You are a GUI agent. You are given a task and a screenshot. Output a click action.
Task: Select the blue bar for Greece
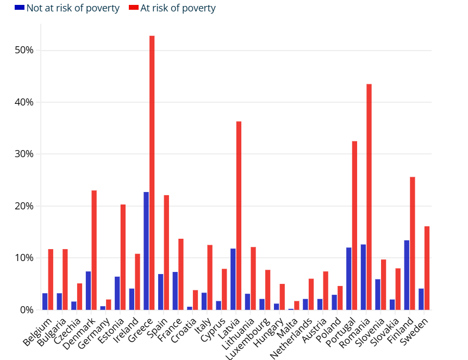146,251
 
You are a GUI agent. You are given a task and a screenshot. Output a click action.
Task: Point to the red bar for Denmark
94,250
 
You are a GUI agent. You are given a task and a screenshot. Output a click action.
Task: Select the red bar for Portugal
354,226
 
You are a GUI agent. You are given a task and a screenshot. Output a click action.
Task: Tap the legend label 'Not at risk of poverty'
73,8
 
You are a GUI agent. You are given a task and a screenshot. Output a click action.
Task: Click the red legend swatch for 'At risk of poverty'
133,8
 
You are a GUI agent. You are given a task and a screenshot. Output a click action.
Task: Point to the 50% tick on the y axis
24,51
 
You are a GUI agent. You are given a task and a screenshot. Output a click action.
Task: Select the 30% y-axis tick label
24,154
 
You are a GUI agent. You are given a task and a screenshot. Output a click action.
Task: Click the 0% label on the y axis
27,310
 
